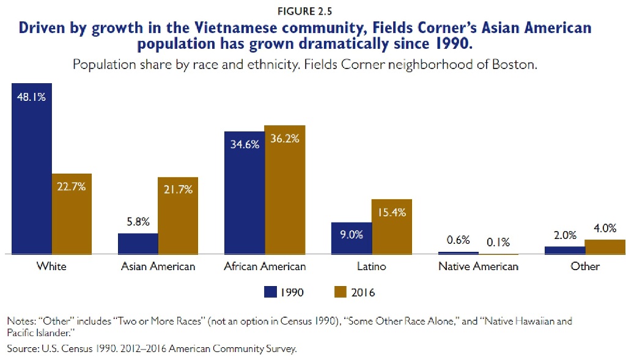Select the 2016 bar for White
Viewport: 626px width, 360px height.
72,213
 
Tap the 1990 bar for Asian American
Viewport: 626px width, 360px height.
138,243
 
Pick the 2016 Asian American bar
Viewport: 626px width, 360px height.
178,215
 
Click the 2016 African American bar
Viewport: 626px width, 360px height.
284,189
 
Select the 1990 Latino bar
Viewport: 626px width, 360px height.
351,238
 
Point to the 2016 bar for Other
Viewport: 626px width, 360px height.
605,247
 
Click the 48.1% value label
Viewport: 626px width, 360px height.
31,97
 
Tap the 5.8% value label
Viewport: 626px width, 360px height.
138,222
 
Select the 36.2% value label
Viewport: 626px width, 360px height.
284,139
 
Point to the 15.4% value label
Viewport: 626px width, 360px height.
391,213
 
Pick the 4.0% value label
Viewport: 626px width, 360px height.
605,229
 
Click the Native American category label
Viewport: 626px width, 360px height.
478,266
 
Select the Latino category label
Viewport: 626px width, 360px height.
371,266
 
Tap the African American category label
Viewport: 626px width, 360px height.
265,266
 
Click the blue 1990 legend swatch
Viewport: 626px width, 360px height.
270,293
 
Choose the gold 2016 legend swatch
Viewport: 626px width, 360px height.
341,293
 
